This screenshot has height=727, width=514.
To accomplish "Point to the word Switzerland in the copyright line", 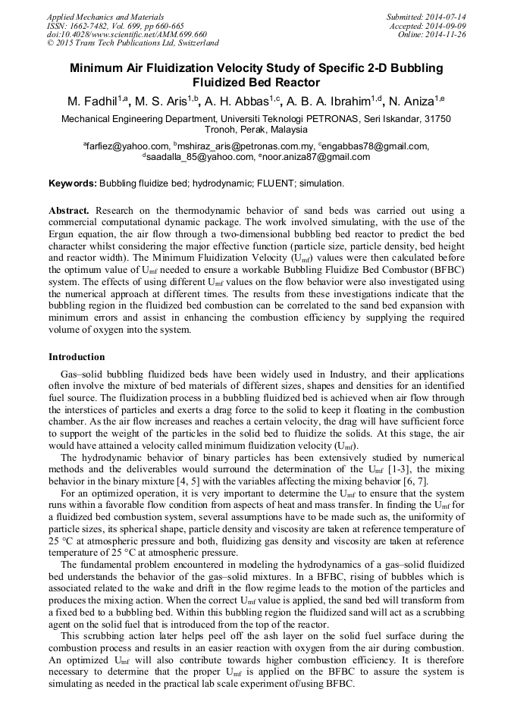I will [195, 43].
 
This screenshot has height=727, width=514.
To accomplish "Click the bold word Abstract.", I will [69, 210].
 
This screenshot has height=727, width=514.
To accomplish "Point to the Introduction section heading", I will [77, 356].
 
